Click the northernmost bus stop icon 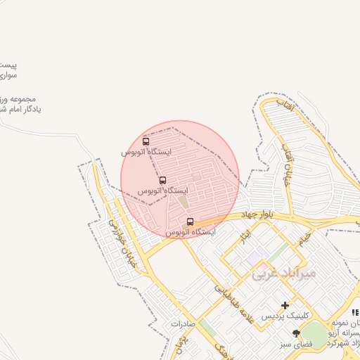146,141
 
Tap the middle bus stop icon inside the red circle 163,180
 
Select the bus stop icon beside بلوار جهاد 190,221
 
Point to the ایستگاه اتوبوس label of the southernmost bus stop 191,232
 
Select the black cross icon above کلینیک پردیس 285,305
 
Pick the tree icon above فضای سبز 296,333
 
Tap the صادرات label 181,324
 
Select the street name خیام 304,240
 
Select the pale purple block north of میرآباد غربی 257,257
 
